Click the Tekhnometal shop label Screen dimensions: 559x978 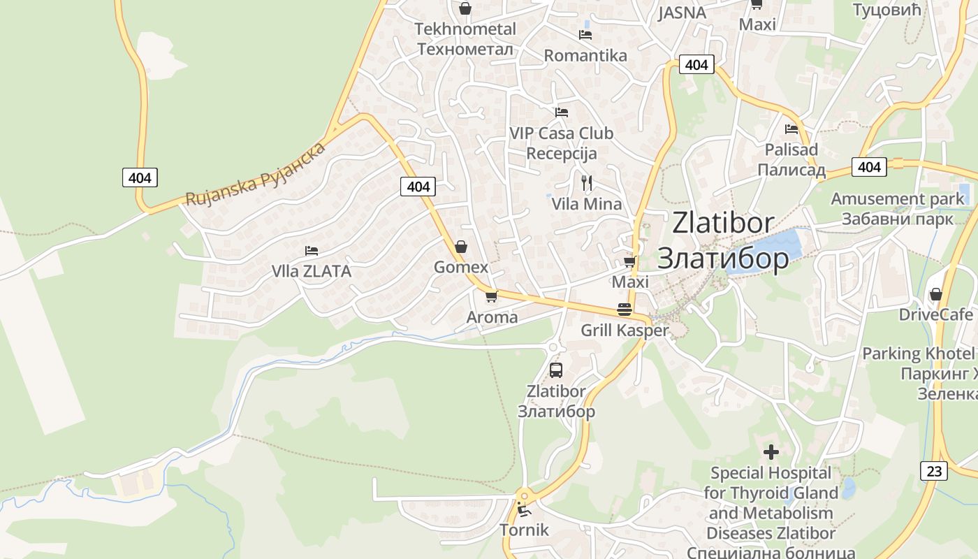[465, 39]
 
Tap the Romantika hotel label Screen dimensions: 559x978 [585, 55]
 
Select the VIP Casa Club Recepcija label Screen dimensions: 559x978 [561, 143]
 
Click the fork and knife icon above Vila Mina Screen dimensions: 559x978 [587, 183]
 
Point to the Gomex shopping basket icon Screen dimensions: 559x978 [460, 247]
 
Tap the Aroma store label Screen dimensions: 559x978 [492, 317]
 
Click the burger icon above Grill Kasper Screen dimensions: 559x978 [625, 310]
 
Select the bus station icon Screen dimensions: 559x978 [556, 370]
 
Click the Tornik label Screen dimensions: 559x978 [524, 530]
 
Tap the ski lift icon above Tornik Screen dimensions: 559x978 [524, 510]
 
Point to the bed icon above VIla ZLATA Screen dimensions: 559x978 [312, 251]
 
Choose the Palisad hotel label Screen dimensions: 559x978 [791, 159]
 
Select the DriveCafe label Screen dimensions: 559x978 [935, 314]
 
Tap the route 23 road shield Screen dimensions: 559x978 [935, 471]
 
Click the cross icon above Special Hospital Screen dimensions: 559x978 [771, 453]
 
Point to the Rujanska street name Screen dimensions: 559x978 [256, 174]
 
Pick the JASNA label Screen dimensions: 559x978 [682, 13]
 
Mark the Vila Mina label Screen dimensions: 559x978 [587, 204]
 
